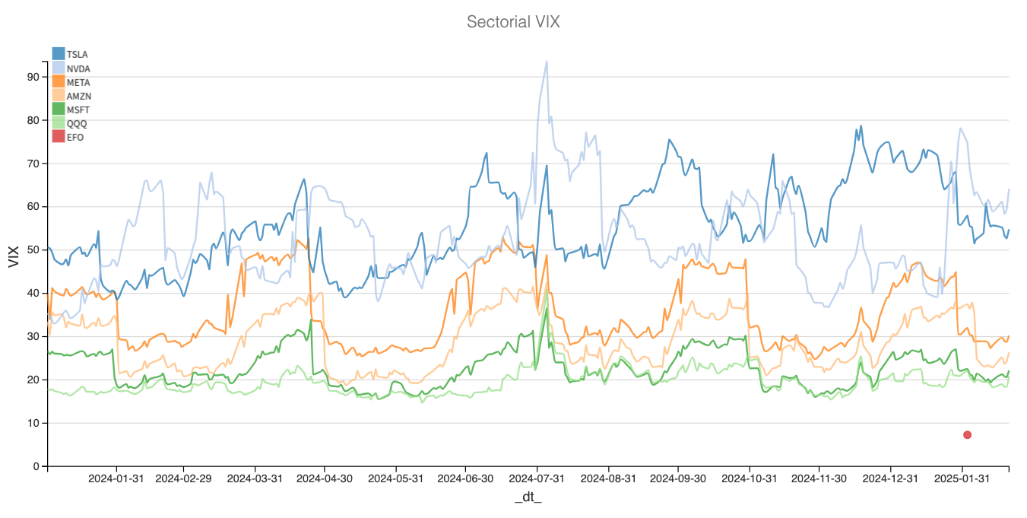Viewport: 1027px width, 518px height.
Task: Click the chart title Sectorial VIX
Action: [513, 21]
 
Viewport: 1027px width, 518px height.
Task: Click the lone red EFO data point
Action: [967, 435]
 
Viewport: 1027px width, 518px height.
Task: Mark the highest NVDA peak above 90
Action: [546, 62]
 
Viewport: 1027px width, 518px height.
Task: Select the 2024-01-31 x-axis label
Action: [116, 479]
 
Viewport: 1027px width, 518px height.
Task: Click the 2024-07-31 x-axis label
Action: [537, 479]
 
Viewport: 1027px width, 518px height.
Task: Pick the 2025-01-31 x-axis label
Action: [962, 479]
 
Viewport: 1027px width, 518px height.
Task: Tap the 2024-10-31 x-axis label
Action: [749, 479]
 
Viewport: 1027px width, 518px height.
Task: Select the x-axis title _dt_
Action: [528, 497]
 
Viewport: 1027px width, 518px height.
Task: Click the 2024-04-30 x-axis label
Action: [325, 479]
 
